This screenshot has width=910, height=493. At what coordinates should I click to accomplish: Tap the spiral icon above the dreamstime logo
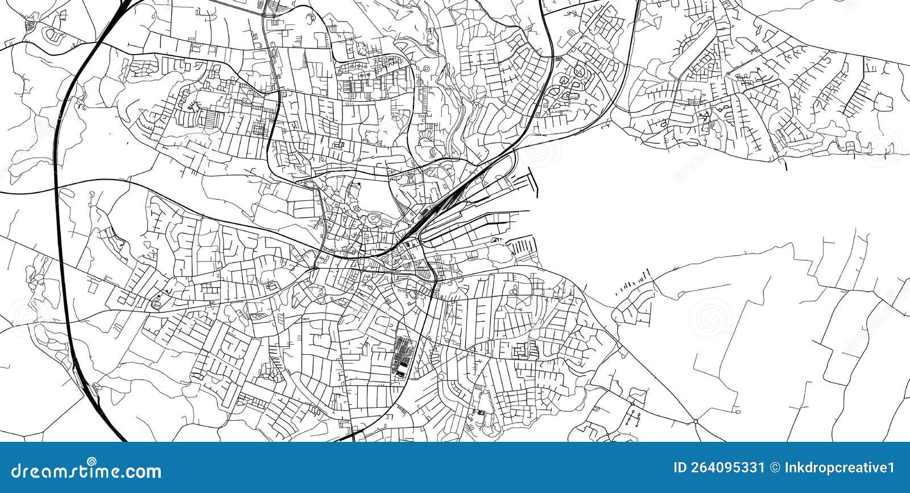coord(92,461)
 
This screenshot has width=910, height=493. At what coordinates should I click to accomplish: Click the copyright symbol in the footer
coord(775,468)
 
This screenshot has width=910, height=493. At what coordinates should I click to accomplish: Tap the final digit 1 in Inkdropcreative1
coord(891,468)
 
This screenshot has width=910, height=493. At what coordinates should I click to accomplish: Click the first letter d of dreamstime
coord(16,471)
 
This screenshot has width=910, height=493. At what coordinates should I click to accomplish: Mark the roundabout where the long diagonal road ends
coord(695,421)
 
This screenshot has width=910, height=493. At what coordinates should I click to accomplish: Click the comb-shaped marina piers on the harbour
coord(520,247)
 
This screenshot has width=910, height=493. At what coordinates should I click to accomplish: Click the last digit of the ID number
coord(762,468)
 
